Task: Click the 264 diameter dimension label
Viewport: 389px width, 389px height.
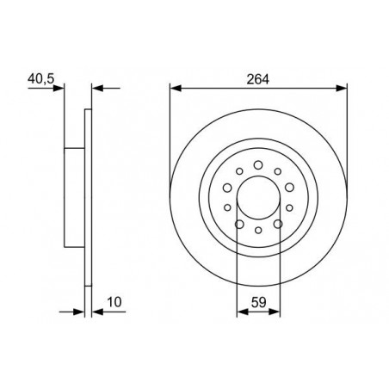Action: (x=258, y=79)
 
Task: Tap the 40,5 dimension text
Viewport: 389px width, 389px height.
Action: (x=40, y=78)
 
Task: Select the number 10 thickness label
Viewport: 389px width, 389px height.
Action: (x=114, y=302)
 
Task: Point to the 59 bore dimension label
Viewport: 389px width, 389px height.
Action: (x=259, y=302)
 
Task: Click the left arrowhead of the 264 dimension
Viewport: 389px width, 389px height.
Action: (x=176, y=88)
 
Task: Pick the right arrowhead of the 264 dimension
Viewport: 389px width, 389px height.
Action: (x=342, y=88)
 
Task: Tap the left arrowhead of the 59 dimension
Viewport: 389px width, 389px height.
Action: (x=243, y=312)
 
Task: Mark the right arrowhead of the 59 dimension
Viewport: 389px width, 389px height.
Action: (x=275, y=312)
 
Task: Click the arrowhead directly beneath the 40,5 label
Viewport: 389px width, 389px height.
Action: (x=59, y=88)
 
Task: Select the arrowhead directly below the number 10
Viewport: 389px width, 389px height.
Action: (x=97, y=312)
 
